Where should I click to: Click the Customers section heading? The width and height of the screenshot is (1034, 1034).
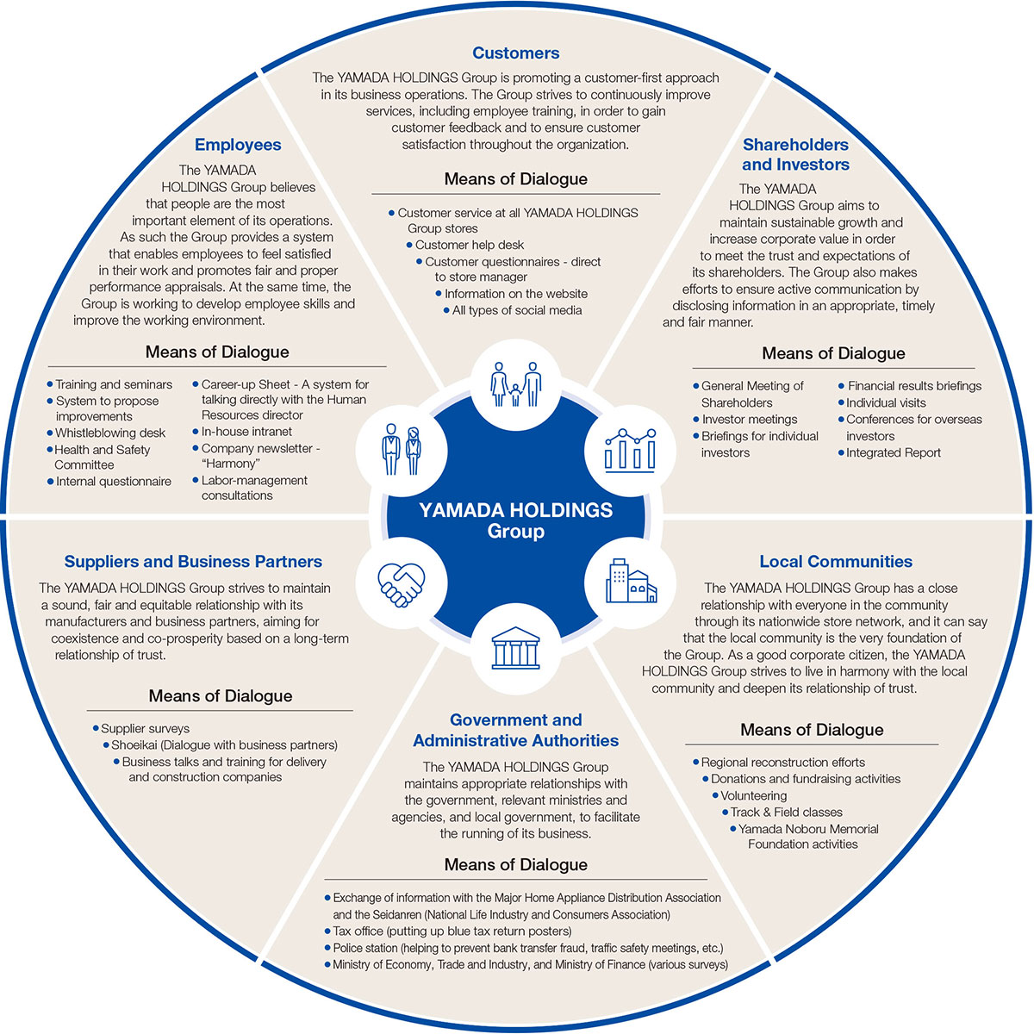[x=516, y=53]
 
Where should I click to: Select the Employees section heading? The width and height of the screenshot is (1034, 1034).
[x=238, y=145]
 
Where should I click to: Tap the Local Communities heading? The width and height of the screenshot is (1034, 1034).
[x=835, y=562]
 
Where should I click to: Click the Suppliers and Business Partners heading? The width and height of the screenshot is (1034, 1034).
[x=193, y=562]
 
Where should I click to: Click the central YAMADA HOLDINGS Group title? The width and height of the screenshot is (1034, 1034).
[x=515, y=520]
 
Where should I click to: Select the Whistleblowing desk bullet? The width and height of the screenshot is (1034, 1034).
[x=109, y=433]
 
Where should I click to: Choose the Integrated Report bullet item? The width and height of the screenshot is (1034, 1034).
[x=893, y=453]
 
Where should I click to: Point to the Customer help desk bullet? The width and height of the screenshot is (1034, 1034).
[x=469, y=246]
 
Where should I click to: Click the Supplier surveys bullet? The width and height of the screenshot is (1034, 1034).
[x=145, y=729]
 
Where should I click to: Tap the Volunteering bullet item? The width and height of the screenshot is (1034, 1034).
[x=753, y=796]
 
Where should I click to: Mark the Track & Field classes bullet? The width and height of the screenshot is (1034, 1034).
[x=786, y=813]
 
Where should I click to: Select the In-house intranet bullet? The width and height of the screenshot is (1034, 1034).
[x=246, y=432]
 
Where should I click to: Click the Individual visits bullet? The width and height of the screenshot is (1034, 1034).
[x=886, y=403]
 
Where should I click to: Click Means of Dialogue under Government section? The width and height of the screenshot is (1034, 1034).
[x=515, y=865]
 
